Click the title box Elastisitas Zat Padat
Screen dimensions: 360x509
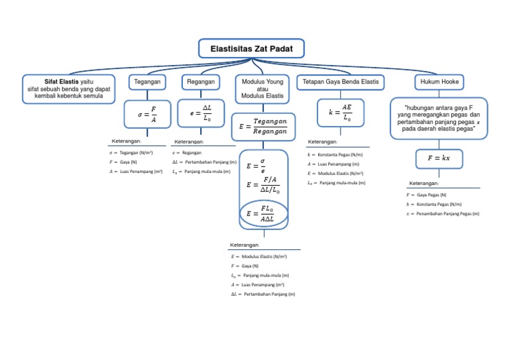(x=251, y=48)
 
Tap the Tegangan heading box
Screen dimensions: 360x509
(x=147, y=82)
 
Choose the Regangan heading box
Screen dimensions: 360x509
(x=201, y=82)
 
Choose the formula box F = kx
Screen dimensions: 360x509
(x=439, y=159)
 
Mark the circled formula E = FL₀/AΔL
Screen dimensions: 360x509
(x=263, y=213)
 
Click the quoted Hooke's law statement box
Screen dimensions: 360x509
(x=439, y=119)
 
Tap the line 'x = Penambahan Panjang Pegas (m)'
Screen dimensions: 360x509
(x=442, y=214)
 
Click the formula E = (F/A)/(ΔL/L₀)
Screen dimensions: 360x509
(x=262, y=185)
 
